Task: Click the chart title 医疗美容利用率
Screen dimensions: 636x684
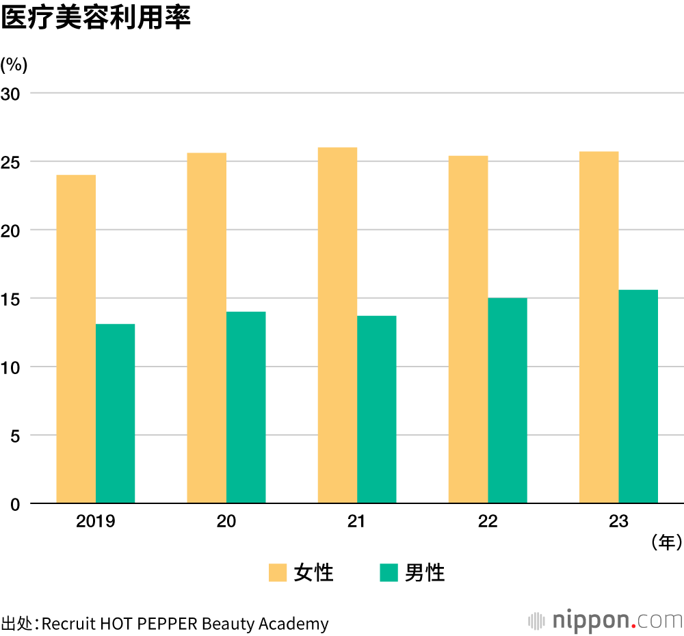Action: pyautogui.click(x=95, y=18)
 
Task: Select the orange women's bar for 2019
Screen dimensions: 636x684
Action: pyautogui.click(x=76, y=339)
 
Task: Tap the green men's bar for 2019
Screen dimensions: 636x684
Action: pyautogui.click(x=115, y=413)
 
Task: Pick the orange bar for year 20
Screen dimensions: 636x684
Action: pyautogui.click(x=207, y=328)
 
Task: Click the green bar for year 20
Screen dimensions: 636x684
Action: pyautogui.click(x=246, y=407)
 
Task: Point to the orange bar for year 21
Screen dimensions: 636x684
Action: pyautogui.click(x=337, y=325)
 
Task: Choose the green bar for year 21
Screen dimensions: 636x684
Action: pyautogui.click(x=376, y=409)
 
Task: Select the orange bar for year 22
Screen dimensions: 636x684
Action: pyautogui.click(x=468, y=329)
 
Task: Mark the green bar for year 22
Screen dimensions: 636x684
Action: pyautogui.click(x=507, y=400)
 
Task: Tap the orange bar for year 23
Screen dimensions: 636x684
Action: pyautogui.click(x=598, y=327)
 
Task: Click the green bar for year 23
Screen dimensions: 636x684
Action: pyautogui.click(x=637, y=396)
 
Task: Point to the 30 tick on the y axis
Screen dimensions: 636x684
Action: pyautogui.click(x=13, y=93)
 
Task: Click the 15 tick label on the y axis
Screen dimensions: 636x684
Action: pyautogui.click(x=13, y=299)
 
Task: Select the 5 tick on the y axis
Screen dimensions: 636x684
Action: pyautogui.click(x=16, y=436)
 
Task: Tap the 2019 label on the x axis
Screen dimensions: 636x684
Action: pyautogui.click(x=96, y=522)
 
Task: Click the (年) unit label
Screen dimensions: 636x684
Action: pyautogui.click(x=666, y=543)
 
